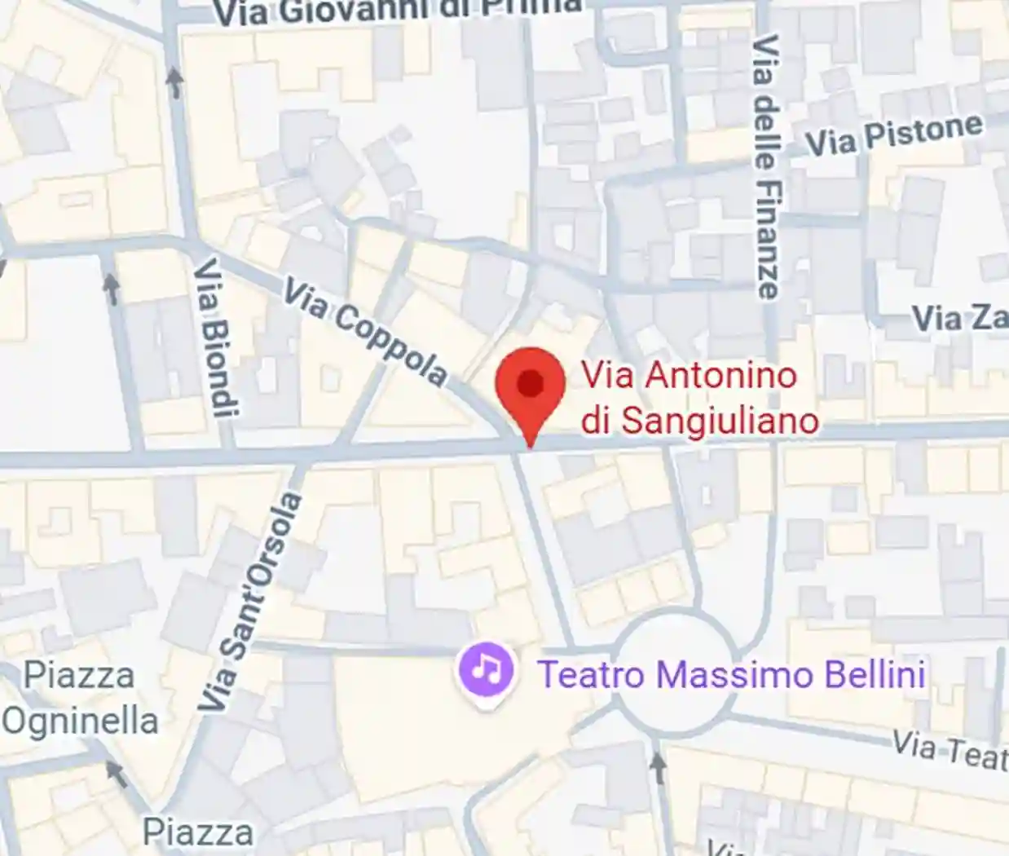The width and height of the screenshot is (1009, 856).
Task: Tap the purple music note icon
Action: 487,671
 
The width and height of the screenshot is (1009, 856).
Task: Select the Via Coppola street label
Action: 365,332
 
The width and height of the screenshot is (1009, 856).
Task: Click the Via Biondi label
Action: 216,338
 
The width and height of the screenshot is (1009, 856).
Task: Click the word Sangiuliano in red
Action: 719,421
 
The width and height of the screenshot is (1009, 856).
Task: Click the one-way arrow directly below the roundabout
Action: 659,764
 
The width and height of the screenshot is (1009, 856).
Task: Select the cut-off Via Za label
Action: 958,318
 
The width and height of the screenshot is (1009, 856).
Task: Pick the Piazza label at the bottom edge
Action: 198,832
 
